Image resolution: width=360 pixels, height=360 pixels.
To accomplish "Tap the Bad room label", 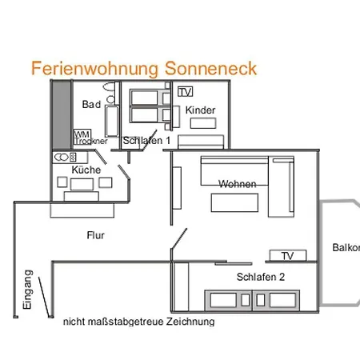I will [x=91, y=105].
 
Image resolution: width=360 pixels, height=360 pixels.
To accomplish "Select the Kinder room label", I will [x=199, y=110].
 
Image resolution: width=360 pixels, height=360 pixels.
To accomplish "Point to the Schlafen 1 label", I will [x=147, y=141].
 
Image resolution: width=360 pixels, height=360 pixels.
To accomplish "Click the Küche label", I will [x=86, y=170].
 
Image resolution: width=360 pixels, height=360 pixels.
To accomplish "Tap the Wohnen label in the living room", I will [x=238, y=184].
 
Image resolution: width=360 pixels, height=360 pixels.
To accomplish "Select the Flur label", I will [x=95, y=235].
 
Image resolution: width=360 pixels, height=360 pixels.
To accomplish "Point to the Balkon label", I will [x=346, y=247].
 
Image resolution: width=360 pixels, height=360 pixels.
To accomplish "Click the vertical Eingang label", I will [x=27, y=290].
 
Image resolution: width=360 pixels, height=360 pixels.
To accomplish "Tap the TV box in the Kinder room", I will [x=186, y=91].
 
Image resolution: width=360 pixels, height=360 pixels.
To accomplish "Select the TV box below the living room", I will [x=287, y=256].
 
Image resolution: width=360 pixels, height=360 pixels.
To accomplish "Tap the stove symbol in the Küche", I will [x=63, y=158].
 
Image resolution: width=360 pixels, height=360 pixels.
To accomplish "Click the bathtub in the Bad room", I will [x=112, y=120].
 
